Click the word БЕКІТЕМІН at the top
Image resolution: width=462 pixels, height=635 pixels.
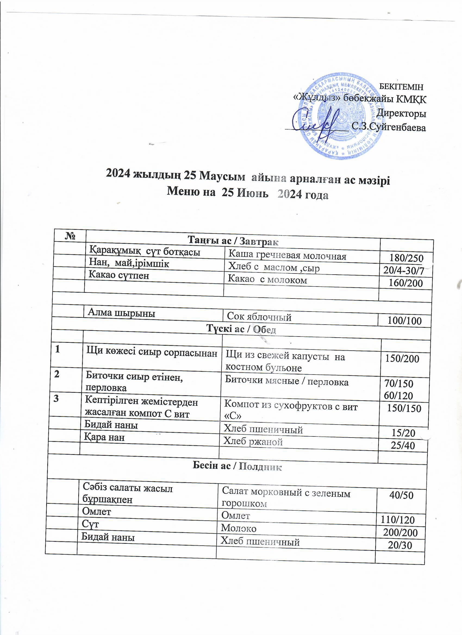coord(401,87)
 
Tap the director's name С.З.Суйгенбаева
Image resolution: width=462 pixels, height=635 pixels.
coord(389,128)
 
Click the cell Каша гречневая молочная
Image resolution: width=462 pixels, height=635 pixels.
coord(288,256)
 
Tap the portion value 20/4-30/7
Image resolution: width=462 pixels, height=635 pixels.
coord(404,271)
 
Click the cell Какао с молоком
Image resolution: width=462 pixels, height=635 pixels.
coord(267,280)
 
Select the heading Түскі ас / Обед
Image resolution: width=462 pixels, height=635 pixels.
coord(241,329)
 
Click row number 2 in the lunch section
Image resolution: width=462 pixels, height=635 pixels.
coord(57,374)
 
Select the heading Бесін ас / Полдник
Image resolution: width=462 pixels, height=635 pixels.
coord(237,466)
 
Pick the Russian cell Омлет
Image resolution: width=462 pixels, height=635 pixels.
coord(235,515)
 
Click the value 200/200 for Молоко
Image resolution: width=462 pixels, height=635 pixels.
coord(400,533)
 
